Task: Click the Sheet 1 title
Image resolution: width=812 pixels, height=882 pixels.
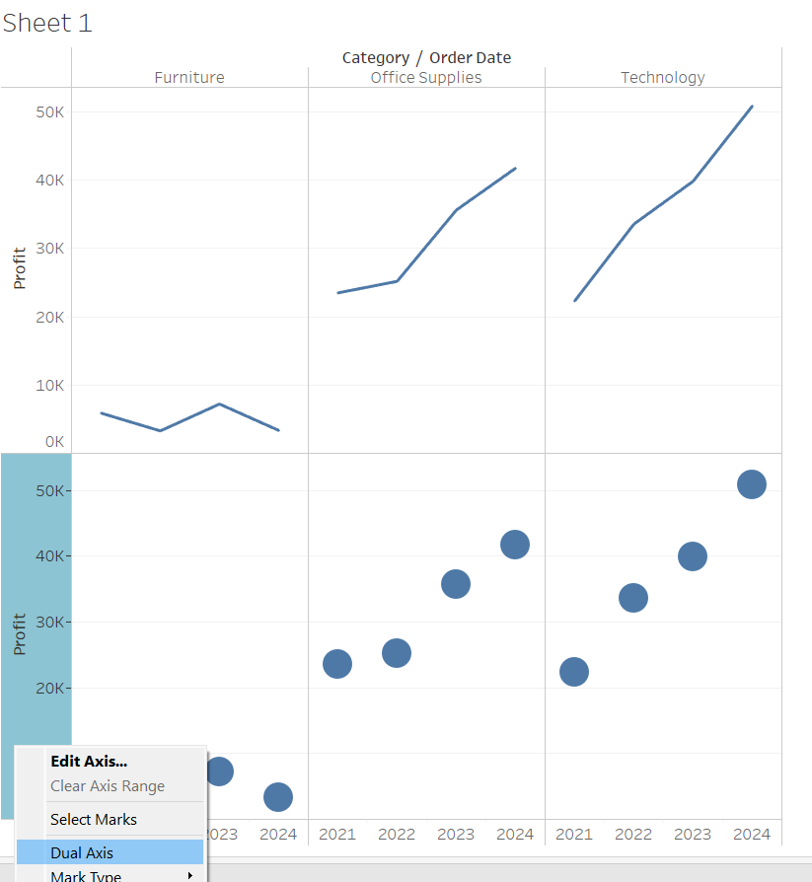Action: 47,24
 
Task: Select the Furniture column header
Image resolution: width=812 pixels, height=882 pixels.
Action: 189,77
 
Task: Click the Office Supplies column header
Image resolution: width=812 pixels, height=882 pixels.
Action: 426,77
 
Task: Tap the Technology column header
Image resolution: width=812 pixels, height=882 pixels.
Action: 663,77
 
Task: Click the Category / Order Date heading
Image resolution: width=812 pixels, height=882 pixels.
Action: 426,57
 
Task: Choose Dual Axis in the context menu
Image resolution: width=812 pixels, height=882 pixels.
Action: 82,852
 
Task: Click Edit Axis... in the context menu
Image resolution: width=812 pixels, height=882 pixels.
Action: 89,761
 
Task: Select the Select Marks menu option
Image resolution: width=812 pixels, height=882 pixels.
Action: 94,819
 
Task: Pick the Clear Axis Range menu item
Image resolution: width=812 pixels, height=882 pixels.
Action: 108,786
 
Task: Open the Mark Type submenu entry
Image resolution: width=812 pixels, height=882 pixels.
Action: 86,875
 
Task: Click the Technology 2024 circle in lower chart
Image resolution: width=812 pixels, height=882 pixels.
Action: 752,484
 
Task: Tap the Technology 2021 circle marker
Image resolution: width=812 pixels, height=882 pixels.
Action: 574,672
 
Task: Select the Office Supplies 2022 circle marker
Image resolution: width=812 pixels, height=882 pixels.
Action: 397,653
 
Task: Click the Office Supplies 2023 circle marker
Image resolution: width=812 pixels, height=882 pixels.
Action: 456,584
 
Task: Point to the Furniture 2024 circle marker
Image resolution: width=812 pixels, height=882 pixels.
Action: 278,797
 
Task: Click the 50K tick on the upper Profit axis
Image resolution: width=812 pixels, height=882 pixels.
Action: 49,111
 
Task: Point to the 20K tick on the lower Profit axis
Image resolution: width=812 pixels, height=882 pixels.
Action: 49,688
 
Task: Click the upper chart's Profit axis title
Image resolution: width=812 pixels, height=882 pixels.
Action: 20,268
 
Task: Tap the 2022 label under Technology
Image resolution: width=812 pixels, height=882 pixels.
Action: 633,835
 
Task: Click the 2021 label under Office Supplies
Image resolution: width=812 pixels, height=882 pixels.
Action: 337,835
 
